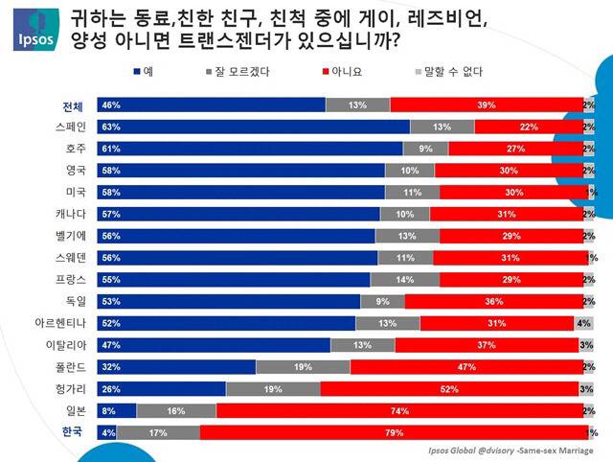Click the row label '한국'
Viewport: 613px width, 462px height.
pyautogui.click(x=72, y=431)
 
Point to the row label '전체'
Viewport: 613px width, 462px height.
pyautogui.click(x=73, y=105)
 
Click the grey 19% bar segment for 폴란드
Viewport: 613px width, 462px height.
pyautogui.click(x=303, y=366)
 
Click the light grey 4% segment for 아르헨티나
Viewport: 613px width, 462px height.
pyautogui.click(x=584, y=323)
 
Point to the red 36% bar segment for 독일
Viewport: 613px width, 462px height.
pyautogui.click(x=492, y=301)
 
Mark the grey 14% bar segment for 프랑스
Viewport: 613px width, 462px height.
pyautogui.click(x=405, y=279)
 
